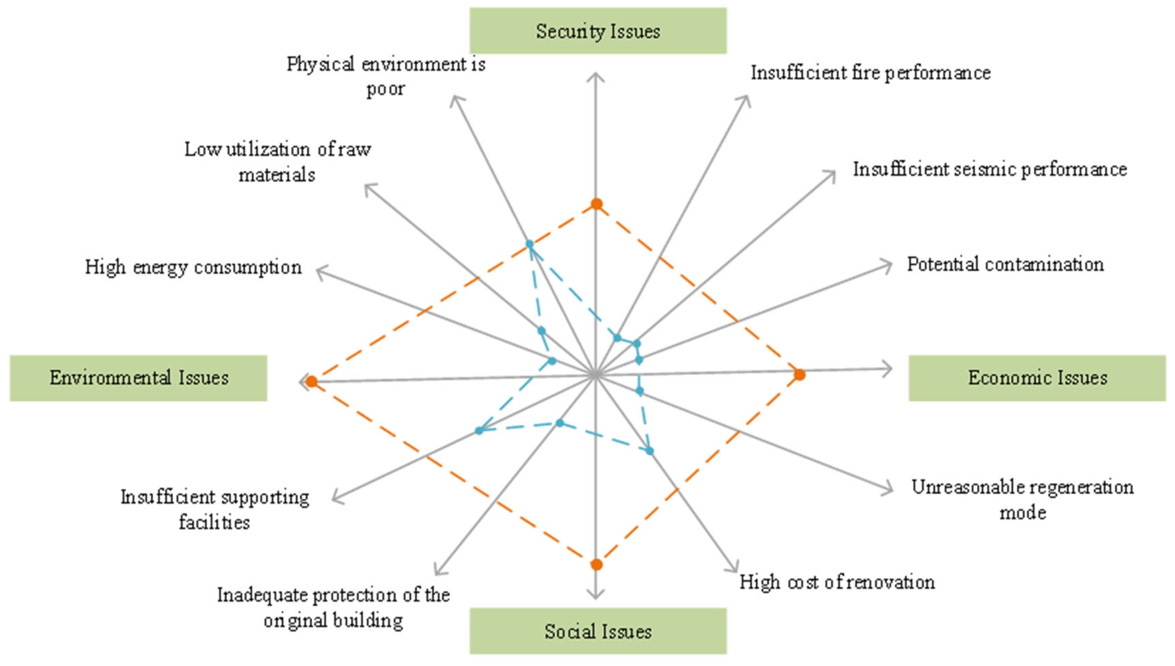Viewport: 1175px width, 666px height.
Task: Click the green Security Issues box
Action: (x=597, y=31)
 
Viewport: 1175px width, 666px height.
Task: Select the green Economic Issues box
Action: (x=1037, y=378)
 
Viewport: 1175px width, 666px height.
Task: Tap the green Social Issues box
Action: (x=597, y=631)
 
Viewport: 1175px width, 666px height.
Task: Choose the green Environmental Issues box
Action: (x=138, y=378)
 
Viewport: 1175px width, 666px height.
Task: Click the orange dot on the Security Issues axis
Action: (x=596, y=203)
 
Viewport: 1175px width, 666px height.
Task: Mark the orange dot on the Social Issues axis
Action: (x=596, y=564)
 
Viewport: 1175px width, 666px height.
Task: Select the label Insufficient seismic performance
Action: (x=990, y=170)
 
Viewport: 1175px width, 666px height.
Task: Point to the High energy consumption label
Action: (x=193, y=267)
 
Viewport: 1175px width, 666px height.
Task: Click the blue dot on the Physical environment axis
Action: (x=529, y=244)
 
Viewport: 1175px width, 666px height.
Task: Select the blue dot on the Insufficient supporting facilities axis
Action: (x=479, y=430)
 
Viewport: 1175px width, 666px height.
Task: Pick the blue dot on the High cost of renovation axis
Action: (x=650, y=451)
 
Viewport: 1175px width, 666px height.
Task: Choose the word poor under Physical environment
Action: (x=385, y=89)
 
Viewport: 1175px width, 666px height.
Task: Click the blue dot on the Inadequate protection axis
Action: (x=560, y=423)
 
